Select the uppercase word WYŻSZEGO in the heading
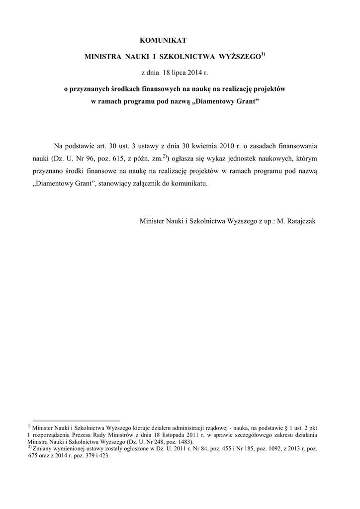coord(240,57)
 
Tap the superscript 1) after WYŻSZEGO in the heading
coord(264,54)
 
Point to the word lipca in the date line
coord(181,73)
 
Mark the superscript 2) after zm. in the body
coord(166,156)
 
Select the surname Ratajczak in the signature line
coord(300,220)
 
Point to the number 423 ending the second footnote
coord(103,455)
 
